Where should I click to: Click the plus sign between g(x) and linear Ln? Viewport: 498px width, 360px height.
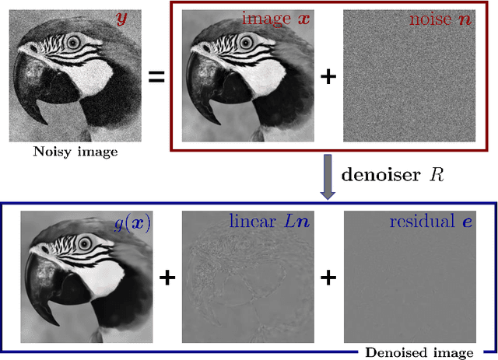click(x=166, y=278)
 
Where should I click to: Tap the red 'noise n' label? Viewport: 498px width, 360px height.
click(x=440, y=18)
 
